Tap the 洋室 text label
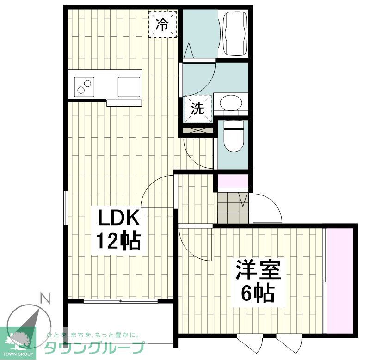click(x=258, y=270)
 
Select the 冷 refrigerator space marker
click(x=162, y=24)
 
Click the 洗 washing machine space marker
click(x=198, y=109)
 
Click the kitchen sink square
click(x=128, y=86)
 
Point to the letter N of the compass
click(x=45, y=299)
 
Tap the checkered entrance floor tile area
click(x=232, y=204)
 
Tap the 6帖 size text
click(x=258, y=292)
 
